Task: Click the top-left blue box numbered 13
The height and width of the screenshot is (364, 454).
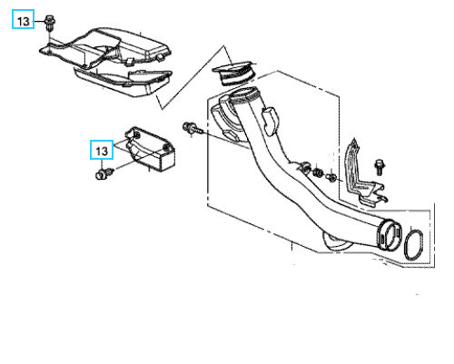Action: [x=23, y=19]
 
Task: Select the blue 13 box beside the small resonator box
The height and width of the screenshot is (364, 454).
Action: [x=102, y=150]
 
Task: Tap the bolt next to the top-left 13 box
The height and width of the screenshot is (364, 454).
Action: [x=49, y=24]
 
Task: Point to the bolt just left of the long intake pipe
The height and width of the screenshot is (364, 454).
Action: [x=192, y=127]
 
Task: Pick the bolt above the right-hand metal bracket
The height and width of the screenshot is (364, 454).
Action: [x=380, y=166]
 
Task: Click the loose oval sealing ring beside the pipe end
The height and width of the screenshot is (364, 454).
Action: [x=414, y=244]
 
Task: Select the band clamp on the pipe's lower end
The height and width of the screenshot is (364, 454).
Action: [x=390, y=234]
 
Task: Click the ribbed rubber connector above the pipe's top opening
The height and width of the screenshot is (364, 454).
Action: [x=233, y=73]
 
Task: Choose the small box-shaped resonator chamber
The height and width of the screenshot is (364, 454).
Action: [x=150, y=149]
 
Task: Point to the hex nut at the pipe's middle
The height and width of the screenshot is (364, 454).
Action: [x=318, y=172]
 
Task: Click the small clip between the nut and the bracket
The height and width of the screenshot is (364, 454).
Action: [x=331, y=177]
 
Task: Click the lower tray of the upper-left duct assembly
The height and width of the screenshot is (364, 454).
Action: [x=123, y=83]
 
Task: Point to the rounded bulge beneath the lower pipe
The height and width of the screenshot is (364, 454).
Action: [x=337, y=243]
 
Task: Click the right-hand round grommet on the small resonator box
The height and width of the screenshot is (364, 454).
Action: [x=166, y=147]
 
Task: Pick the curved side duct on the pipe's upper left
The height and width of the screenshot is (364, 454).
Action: [x=224, y=119]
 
